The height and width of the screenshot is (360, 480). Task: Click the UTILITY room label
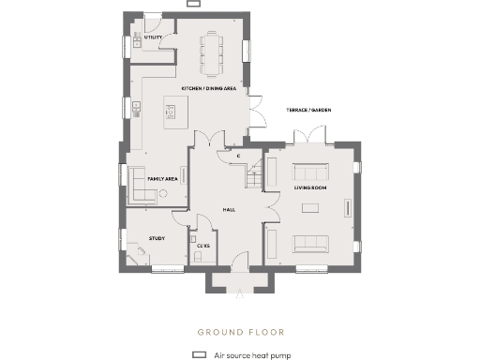(155, 38)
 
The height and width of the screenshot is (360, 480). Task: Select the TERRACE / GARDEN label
(308, 110)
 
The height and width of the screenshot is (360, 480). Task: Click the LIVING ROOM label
(309, 187)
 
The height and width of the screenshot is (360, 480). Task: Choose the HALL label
(228, 210)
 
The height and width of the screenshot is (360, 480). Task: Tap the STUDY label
(157, 238)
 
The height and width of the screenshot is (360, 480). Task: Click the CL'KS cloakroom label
(202, 246)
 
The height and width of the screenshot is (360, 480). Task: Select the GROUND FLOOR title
(240, 332)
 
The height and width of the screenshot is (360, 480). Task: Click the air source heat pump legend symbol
(199, 356)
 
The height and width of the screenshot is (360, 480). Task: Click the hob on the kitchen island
(171, 113)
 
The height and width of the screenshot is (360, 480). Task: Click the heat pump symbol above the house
(193, 4)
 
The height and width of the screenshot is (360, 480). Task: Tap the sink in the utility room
(136, 38)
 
